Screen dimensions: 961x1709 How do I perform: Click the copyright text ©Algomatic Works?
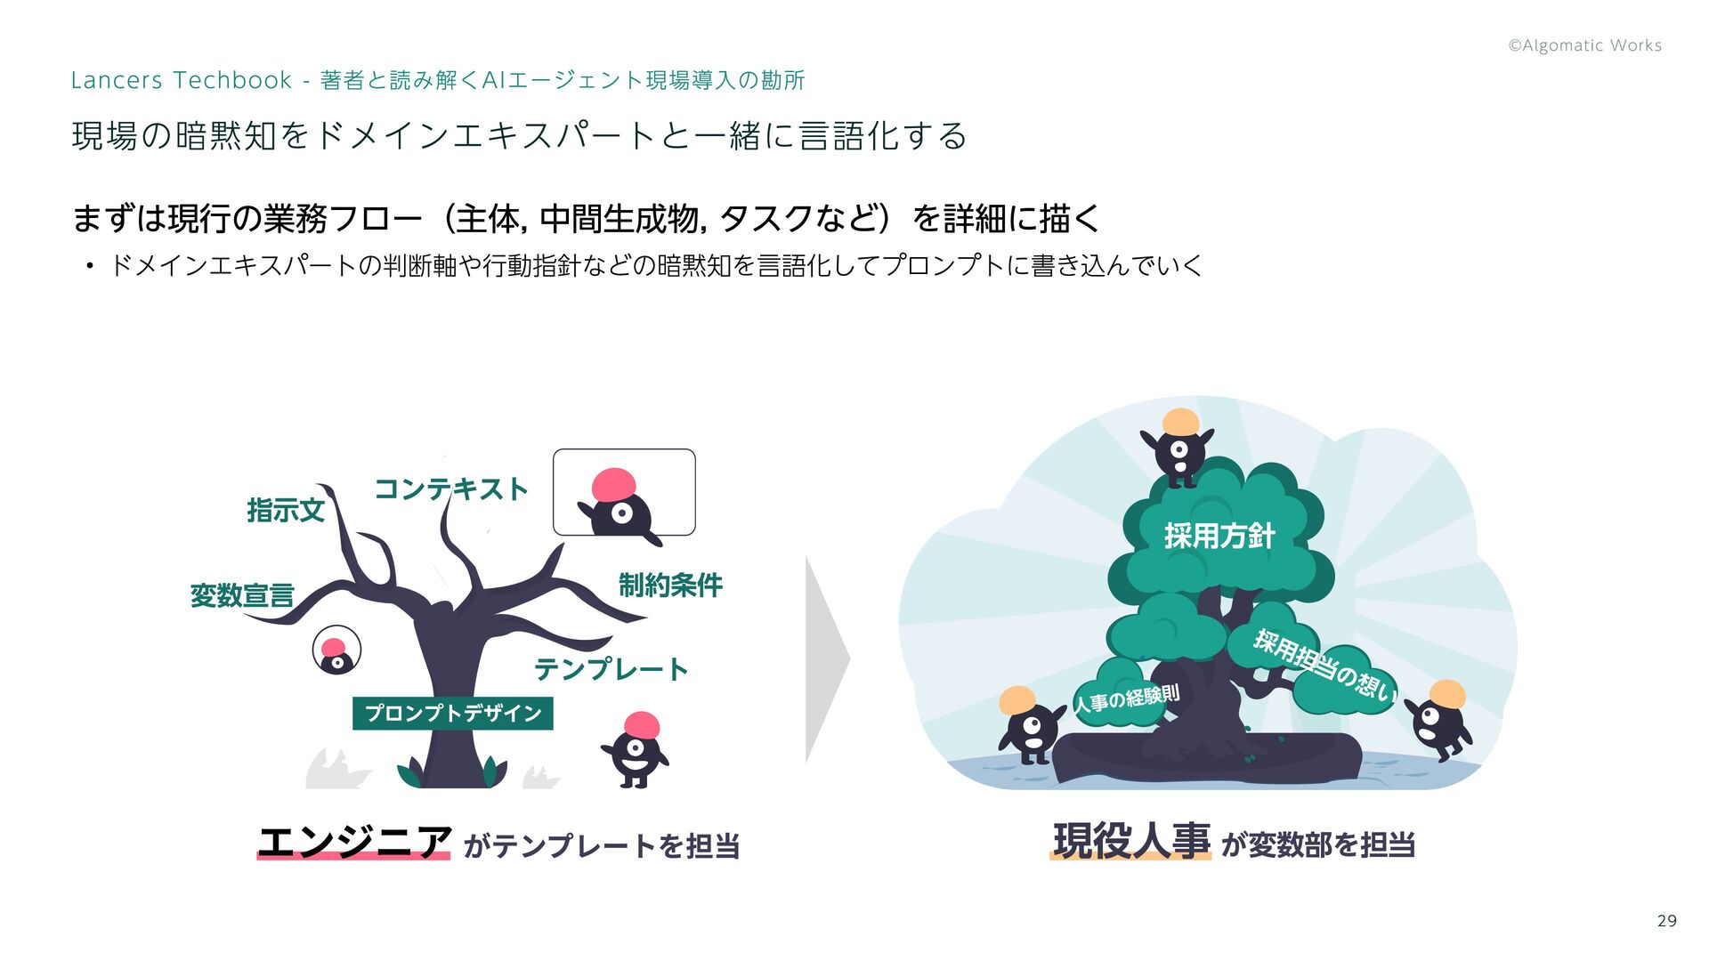pos(1584,45)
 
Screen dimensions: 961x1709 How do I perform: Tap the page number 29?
pos(1666,921)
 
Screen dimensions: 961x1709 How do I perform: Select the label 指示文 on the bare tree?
pos(285,511)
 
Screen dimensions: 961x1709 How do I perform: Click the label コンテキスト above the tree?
pos(450,489)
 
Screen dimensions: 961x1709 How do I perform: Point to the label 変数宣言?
pos(242,595)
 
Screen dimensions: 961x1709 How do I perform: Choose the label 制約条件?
pos(670,585)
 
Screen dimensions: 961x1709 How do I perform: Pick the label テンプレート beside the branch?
pos(611,669)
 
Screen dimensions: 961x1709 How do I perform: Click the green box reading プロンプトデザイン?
pos(452,714)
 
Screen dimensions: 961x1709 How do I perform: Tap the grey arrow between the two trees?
pos(825,659)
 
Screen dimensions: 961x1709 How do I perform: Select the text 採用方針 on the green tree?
pos(1219,536)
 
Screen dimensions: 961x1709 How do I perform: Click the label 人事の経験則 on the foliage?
pos(1127,699)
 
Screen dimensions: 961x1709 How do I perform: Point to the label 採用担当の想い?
pos(1324,666)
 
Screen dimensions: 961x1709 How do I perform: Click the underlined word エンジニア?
pos(353,842)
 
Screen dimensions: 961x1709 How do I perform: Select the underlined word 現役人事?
pos(1130,841)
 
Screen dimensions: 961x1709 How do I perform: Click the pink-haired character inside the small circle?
pos(336,651)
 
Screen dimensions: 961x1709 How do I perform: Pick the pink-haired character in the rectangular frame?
pos(620,504)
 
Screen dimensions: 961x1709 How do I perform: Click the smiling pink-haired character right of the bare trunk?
pos(636,749)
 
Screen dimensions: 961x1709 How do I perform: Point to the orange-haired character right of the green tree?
pos(1440,718)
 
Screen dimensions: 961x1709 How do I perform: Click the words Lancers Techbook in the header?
pos(181,80)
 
